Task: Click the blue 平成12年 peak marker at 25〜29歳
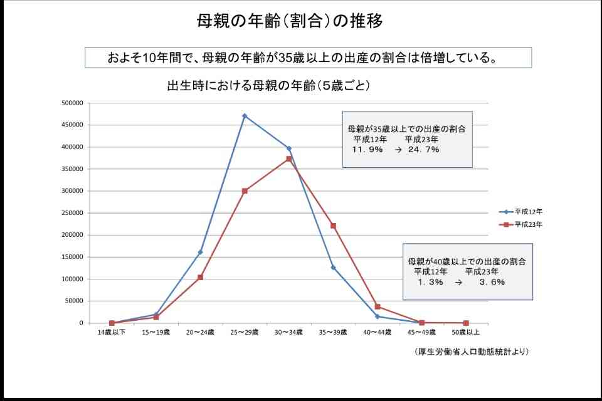point(245,116)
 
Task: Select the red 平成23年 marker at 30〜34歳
point(289,159)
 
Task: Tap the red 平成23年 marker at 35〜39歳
point(333,226)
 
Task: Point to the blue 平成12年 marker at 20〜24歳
point(200,252)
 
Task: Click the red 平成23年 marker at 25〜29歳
point(245,190)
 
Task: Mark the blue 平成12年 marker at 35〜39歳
point(333,268)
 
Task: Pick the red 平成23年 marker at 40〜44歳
point(378,306)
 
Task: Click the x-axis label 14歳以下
point(112,332)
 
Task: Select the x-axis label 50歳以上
point(466,332)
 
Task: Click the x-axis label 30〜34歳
point(289,332)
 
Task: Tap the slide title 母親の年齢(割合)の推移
point(290,21)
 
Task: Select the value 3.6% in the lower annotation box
point(492,282)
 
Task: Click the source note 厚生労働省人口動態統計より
point(472,352)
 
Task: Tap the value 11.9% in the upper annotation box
point(367,150)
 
